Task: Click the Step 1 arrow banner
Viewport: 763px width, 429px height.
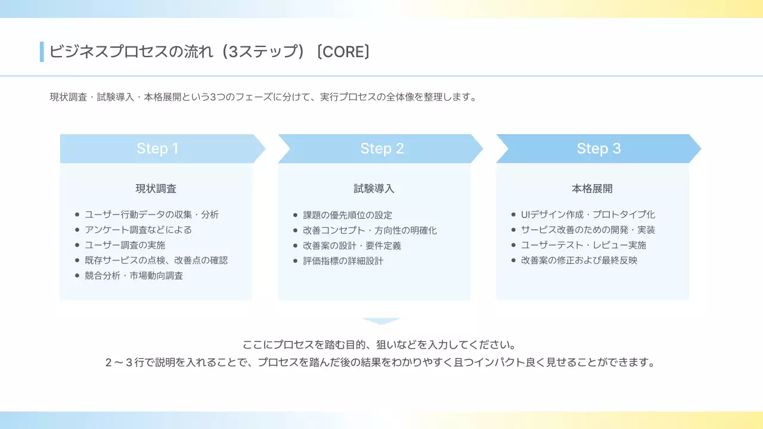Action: coord(158,148)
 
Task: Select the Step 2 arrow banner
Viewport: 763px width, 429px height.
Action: coord(381,148)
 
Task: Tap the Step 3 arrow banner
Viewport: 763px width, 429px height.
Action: coord(598,148)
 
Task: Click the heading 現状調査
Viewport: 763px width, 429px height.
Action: coord(156,189)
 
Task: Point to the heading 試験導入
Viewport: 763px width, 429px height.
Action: coord(374,189)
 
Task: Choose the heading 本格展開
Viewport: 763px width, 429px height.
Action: coord(592,189)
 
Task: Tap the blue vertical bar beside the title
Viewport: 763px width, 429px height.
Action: coord(42,52)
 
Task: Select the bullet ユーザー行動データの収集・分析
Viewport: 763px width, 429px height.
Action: coord(151,214)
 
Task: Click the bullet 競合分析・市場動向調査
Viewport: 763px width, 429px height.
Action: coord(134,276)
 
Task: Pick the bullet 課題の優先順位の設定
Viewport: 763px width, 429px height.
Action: coord(348,215)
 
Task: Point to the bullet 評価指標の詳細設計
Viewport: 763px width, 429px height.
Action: coord(343,261)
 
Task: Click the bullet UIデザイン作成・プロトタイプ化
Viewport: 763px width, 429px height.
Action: coord(588,214)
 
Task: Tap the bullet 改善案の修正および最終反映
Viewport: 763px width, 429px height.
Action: coord(579,260)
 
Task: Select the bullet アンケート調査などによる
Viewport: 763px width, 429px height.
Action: coord(138,230)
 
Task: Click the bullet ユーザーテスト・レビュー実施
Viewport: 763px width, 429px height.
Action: coord(584,245)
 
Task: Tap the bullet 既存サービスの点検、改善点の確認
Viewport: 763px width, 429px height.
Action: coord(156,260)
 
